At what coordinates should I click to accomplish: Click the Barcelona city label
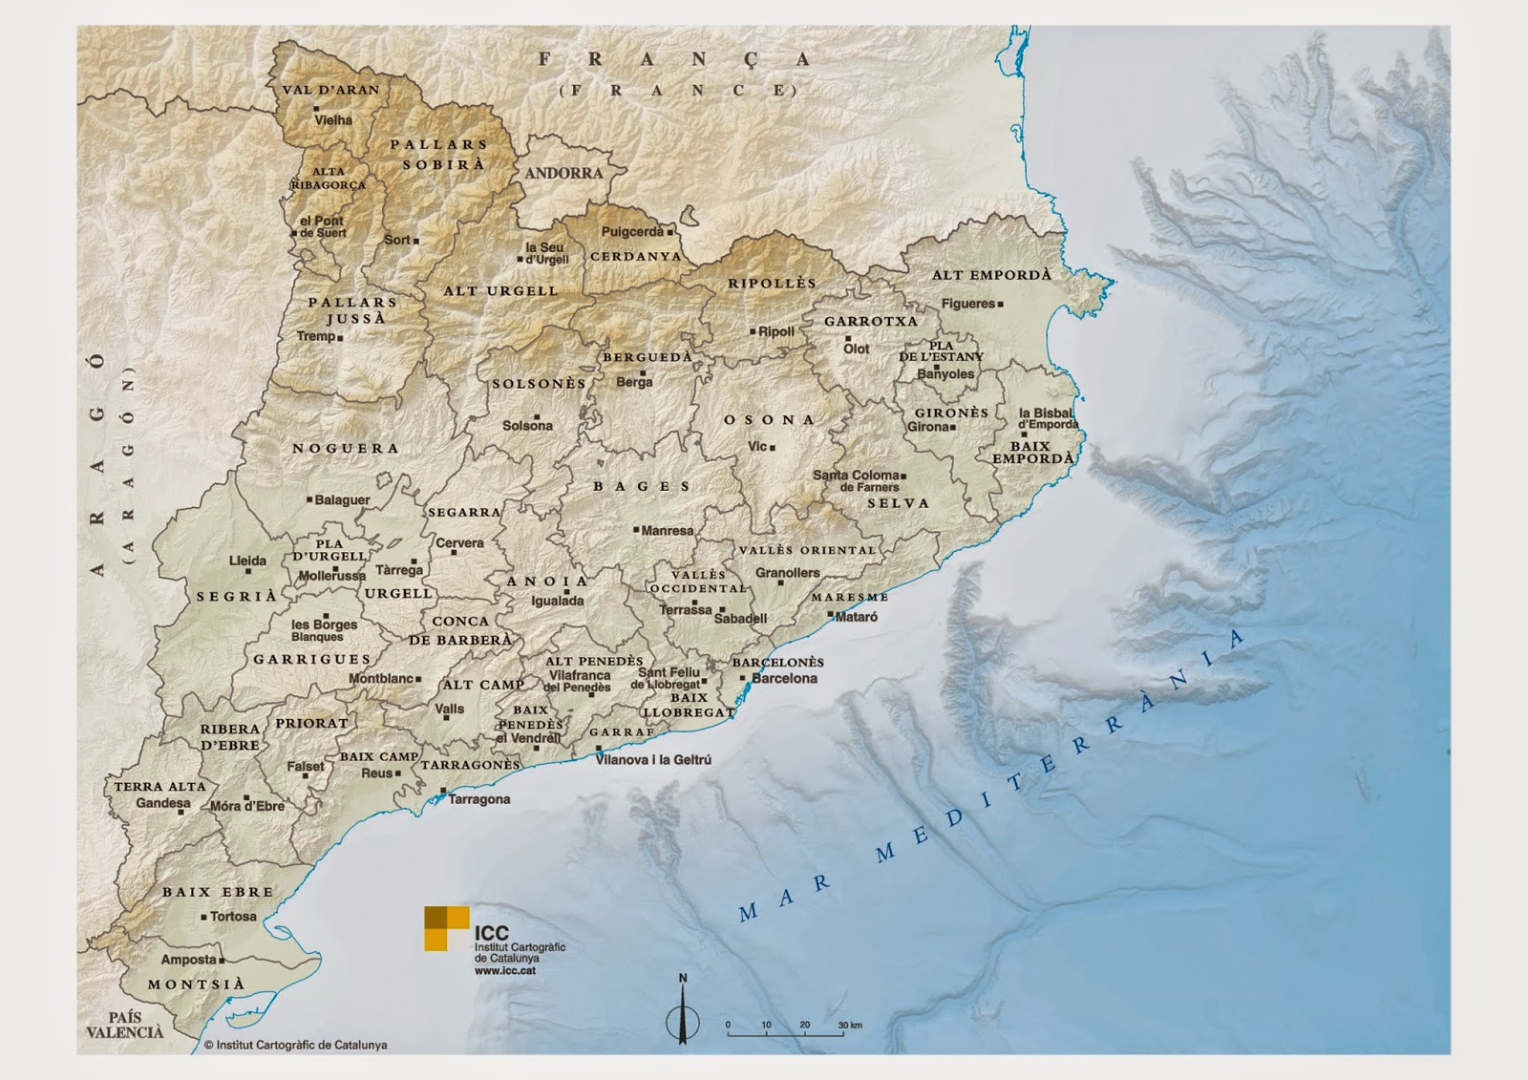(x=784, y=679)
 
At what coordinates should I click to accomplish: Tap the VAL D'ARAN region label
(x=330, y=90)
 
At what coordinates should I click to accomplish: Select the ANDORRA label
(x=563, y=174)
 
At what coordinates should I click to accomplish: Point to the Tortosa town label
(x=233, y=917)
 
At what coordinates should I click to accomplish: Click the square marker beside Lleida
(x=249, y=571)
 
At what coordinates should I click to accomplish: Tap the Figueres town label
(x=967, y=304)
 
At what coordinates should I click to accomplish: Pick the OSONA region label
(x=769, y=420)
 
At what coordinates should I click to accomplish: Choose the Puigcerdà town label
(x=632, y=232)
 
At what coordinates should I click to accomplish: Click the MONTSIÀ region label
(x=196, y=985)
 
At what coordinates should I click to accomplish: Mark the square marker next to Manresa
(x=636, y=529)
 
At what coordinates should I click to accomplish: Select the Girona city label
(x=927, y=427)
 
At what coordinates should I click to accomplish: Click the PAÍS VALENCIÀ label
(x=124, y=1025)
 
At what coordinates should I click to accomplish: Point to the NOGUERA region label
(x=346, y=449)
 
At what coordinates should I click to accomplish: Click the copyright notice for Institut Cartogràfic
(x=295, y=1046)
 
